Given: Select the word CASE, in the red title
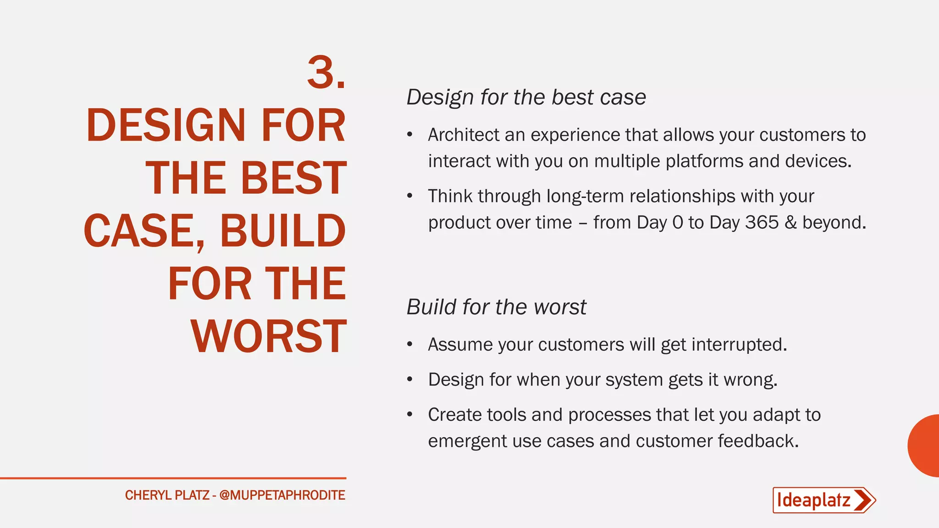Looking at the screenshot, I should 144,231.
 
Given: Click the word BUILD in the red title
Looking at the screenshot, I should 282,231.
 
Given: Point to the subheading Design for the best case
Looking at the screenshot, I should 526,97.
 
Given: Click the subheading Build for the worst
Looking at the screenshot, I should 496,307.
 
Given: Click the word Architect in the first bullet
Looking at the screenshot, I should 464,135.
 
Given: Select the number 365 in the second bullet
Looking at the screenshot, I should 762,223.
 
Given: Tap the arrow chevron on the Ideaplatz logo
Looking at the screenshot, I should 864,500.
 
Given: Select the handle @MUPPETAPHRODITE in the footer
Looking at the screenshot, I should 282,495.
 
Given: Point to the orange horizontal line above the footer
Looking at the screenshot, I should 173,478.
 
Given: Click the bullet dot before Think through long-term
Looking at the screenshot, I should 410,196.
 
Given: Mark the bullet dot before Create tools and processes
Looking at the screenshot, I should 410,415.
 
